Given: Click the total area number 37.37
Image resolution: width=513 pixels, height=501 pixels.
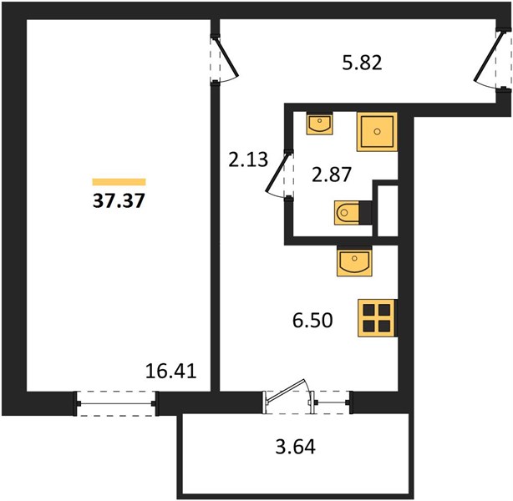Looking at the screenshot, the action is coord(119,200).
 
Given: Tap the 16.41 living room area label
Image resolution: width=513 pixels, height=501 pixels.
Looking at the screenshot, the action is coord(170,372).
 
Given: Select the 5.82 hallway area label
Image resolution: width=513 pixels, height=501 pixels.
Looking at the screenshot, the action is coord(362,63).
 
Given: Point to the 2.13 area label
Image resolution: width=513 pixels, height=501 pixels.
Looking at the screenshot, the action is coord(248,160).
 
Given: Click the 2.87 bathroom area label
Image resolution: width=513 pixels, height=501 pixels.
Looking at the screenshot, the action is coord(332,175).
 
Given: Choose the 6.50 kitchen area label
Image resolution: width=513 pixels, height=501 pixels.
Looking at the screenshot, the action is coord(312,320).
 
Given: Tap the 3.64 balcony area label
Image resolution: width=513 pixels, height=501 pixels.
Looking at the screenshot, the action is coord(296,447).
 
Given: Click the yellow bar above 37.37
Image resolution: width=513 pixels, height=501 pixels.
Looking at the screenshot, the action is coord(119,182).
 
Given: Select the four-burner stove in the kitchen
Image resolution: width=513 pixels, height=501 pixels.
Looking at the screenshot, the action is coord(377,318).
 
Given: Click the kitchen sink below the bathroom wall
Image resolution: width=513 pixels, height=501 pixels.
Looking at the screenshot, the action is coord(354,261).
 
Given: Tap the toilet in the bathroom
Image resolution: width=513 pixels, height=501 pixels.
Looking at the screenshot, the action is coord(353,213).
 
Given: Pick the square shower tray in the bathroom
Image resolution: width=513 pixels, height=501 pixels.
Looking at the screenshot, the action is coord(377,132).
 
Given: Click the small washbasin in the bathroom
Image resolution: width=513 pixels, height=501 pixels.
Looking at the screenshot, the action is coord(320,124).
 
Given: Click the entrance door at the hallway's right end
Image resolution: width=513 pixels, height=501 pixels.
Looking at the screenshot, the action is coord(492,61).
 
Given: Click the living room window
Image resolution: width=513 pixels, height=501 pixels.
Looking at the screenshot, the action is coord(116,403).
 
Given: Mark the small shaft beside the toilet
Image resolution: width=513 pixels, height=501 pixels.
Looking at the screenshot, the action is coord(388,210).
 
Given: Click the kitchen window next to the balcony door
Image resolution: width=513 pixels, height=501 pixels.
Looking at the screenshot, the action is coord(332,402).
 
